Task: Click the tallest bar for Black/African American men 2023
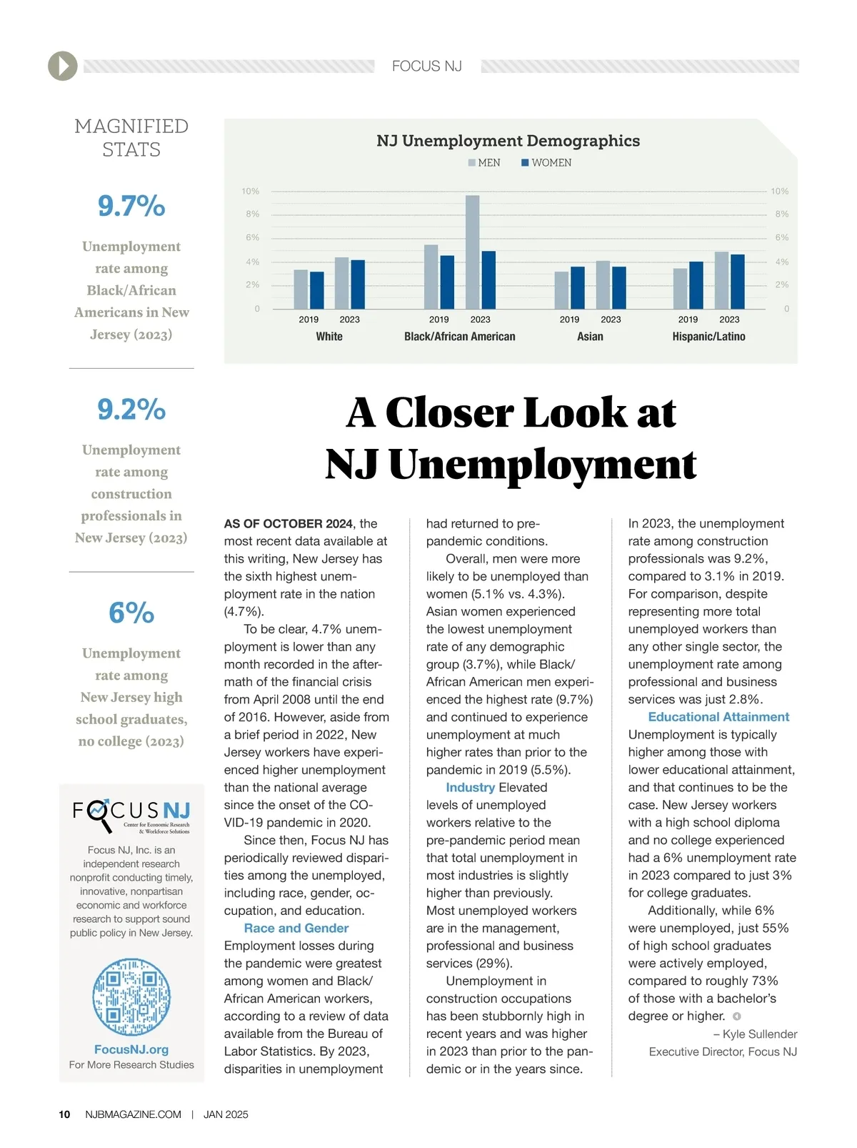[472, 252]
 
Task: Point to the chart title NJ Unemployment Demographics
[508, 141]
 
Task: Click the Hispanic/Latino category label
[708, 337]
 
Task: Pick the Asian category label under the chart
[590, 337]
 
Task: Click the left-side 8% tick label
[253, 214]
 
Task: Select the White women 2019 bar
[316, 290]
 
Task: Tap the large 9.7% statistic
[131, 207]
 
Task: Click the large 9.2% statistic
[131, 410]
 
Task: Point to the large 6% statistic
[131, 613]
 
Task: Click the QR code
[131, 997]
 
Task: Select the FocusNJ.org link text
[131, 1049]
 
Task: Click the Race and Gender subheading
[296, 928]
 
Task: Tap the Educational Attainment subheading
[718, 717]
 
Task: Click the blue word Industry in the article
[470, 787]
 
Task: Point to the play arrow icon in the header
[63, 66]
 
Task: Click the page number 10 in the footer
[64, 1114]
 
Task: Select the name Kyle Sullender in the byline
[760, 1034]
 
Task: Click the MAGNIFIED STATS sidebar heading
[131, 138]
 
